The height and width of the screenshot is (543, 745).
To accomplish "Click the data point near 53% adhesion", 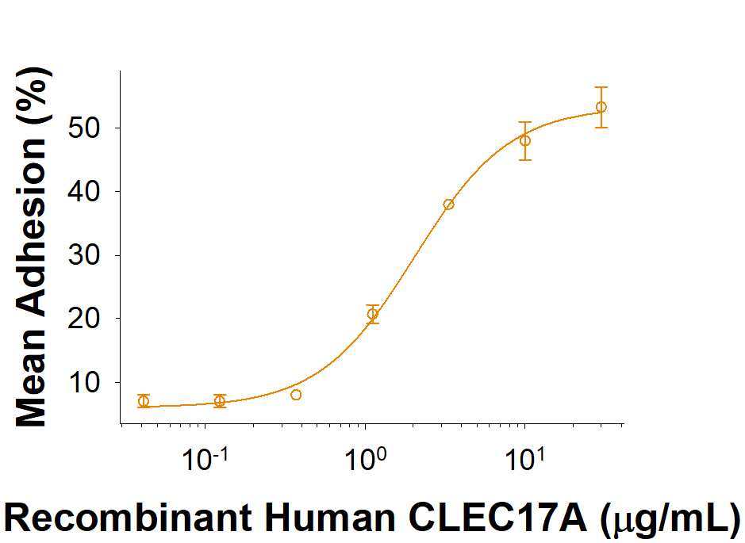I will pyautogui.click(x=601, y=107).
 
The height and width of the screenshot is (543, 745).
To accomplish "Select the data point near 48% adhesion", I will pyautogui.click(x=524, y=140).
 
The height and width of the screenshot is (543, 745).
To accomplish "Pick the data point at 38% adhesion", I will pyautogui.click(x=448, y=205).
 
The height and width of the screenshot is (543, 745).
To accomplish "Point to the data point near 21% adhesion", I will pyautogui.click(x=372, y=314).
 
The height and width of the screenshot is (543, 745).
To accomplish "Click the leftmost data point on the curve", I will pyautogui.click(x=143, y=401).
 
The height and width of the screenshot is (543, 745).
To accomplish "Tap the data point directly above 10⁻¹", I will pyautogui.click(x=220, y=401).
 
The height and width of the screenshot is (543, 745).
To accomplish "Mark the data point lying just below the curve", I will pyautogui.click(x=296, y=395).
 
